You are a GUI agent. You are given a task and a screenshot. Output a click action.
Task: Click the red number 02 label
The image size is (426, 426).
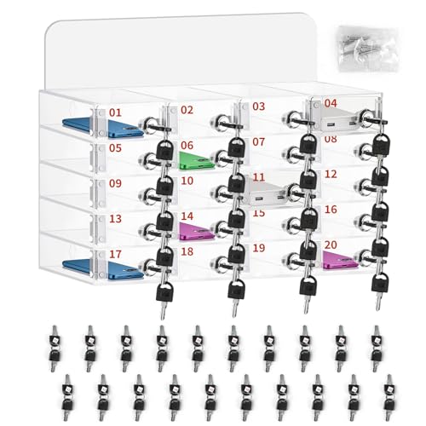pyautogui.click(x=187, y=110)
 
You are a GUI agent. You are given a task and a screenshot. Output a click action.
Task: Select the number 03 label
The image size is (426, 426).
pyautogui.click(x=258, y=107)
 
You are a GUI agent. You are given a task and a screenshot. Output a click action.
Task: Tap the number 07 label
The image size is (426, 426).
pyautogui.click(x=258, y=141)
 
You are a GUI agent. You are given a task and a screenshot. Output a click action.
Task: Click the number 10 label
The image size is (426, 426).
pyautogui.click(x=187, y=181)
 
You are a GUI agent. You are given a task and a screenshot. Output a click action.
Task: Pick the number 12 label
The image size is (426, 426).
pyautogui.click(x=331, y=174)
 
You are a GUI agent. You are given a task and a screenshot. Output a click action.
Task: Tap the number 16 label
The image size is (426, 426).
pyautogui.click(x=331, y=209)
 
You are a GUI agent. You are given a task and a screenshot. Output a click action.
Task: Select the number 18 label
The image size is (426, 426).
pyautogui.click(x=187, y=252)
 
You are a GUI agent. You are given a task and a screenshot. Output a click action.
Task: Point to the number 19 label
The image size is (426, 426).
pyautogui.click(x=258, y=247)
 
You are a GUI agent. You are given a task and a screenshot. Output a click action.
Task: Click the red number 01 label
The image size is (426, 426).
pyautogui.click(x=115, y=112)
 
